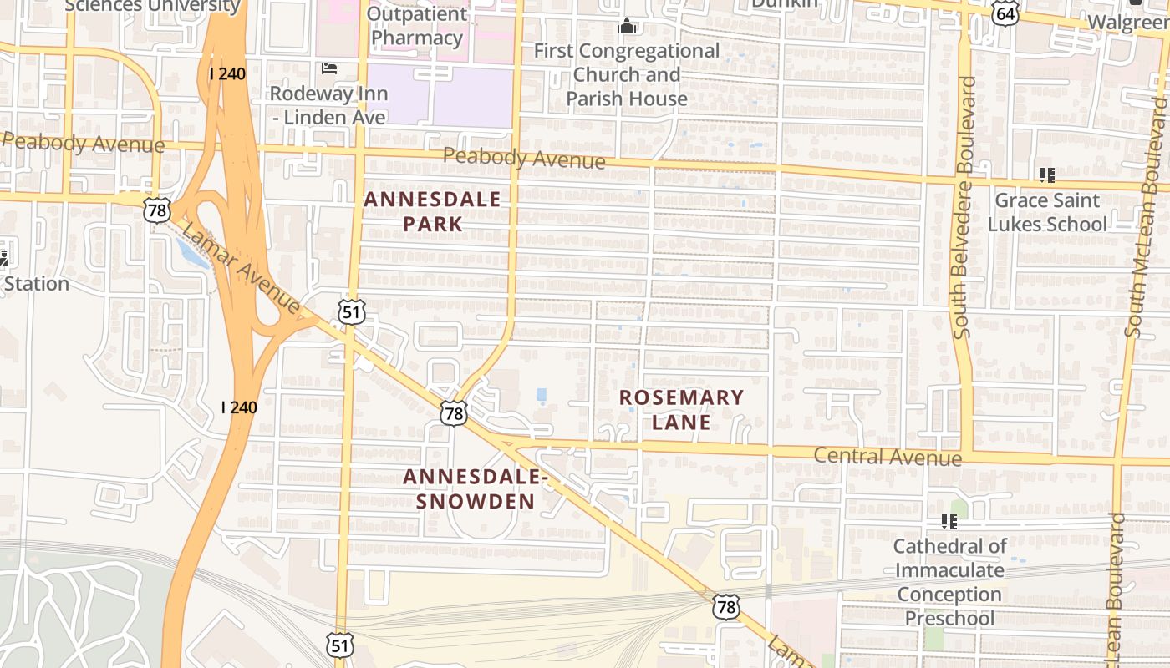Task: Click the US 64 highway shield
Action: [x=1006, y=13]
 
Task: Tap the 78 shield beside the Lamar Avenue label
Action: [x=157, y=210]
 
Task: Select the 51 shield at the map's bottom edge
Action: [x=341, y=645]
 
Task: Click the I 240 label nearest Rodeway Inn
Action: [x=227, y=73]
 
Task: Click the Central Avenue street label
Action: [x=887, y=457]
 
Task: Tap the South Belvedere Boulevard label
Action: [x=964, y=208]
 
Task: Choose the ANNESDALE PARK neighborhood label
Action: [x=432, y=211]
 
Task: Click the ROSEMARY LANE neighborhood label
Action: [x=681, y=409]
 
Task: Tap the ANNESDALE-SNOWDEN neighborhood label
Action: [x=476, y=488]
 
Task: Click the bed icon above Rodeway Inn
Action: [x=328, y=68]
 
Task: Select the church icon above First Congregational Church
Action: [x=627, y=27]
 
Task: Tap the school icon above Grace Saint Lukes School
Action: [x=1046, y=175]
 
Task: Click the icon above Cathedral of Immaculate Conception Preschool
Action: [x=949, y=522]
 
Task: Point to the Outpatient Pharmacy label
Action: [x=417, y=26]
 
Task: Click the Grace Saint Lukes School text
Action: [x=1046, y=212]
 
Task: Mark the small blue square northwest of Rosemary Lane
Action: [x=541, y=394]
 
